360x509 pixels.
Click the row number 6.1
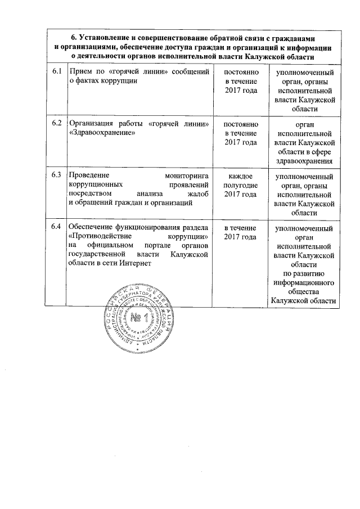55,73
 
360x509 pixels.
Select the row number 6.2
55,123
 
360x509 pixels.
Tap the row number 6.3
55,174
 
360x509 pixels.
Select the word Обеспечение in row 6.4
92,227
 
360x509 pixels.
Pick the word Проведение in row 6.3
91,175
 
